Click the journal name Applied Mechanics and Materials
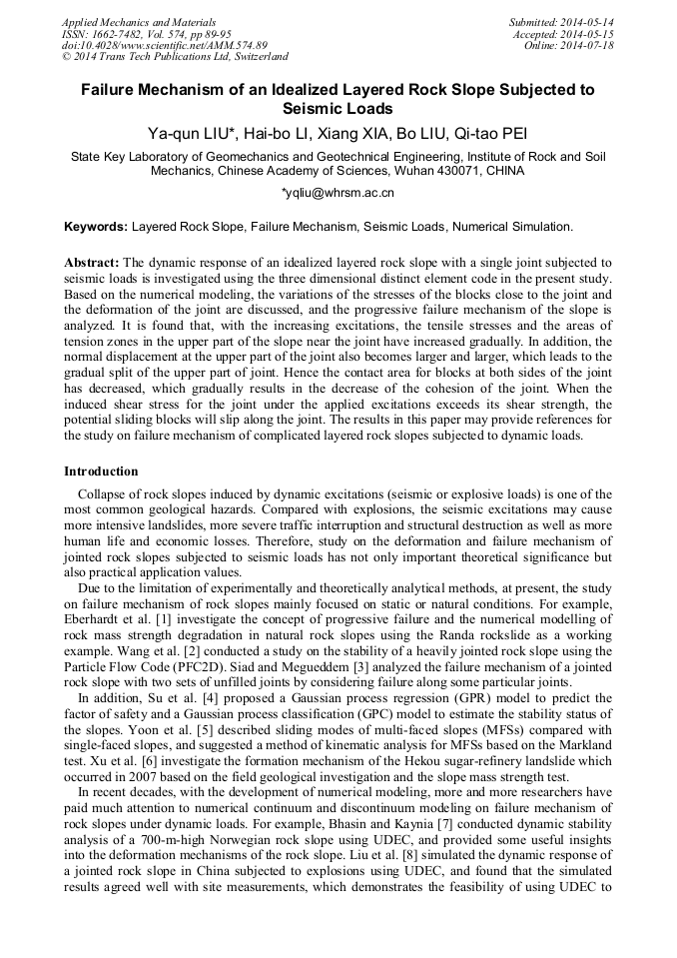tap(126, 22)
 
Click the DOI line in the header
tap(164, 46)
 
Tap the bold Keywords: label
tap(96, 227)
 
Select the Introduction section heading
tap(101, 471)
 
